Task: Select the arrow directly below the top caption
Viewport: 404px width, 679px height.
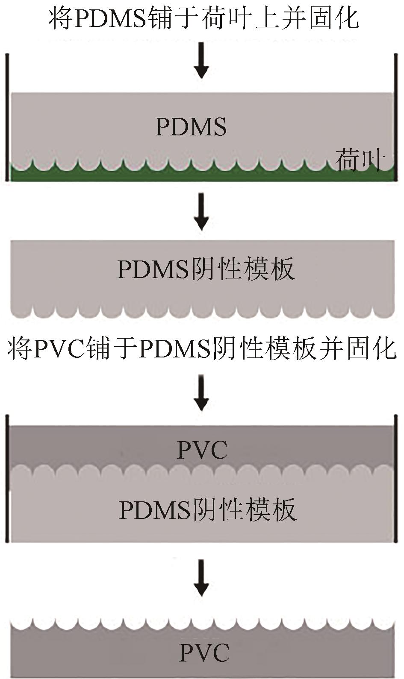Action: pyautogui.click(x=201, y=66)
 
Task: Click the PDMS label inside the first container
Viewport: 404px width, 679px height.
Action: pyautogui.click(x=191, y=127)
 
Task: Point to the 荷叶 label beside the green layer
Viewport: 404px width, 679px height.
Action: pyautogui.click(x=360, y=160)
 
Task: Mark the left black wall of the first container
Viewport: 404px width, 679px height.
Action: pyautogui.click(x=7, y=117)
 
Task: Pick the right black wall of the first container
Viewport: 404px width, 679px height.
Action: pyautogui.click(x=396, y=117)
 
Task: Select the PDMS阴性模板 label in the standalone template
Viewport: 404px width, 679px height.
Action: pyautogui.click(x=206, y=269)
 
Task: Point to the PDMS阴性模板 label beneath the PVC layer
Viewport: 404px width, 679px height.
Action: pyautogui.click(x=207, y=509)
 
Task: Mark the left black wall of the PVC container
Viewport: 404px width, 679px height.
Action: pyautogui.click(x=7, y=478)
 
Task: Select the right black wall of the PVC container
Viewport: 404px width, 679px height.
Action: pyautogui.click(x=396, y=478)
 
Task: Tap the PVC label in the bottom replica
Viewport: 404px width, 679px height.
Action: pyautogui.click(x=204, y=653)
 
